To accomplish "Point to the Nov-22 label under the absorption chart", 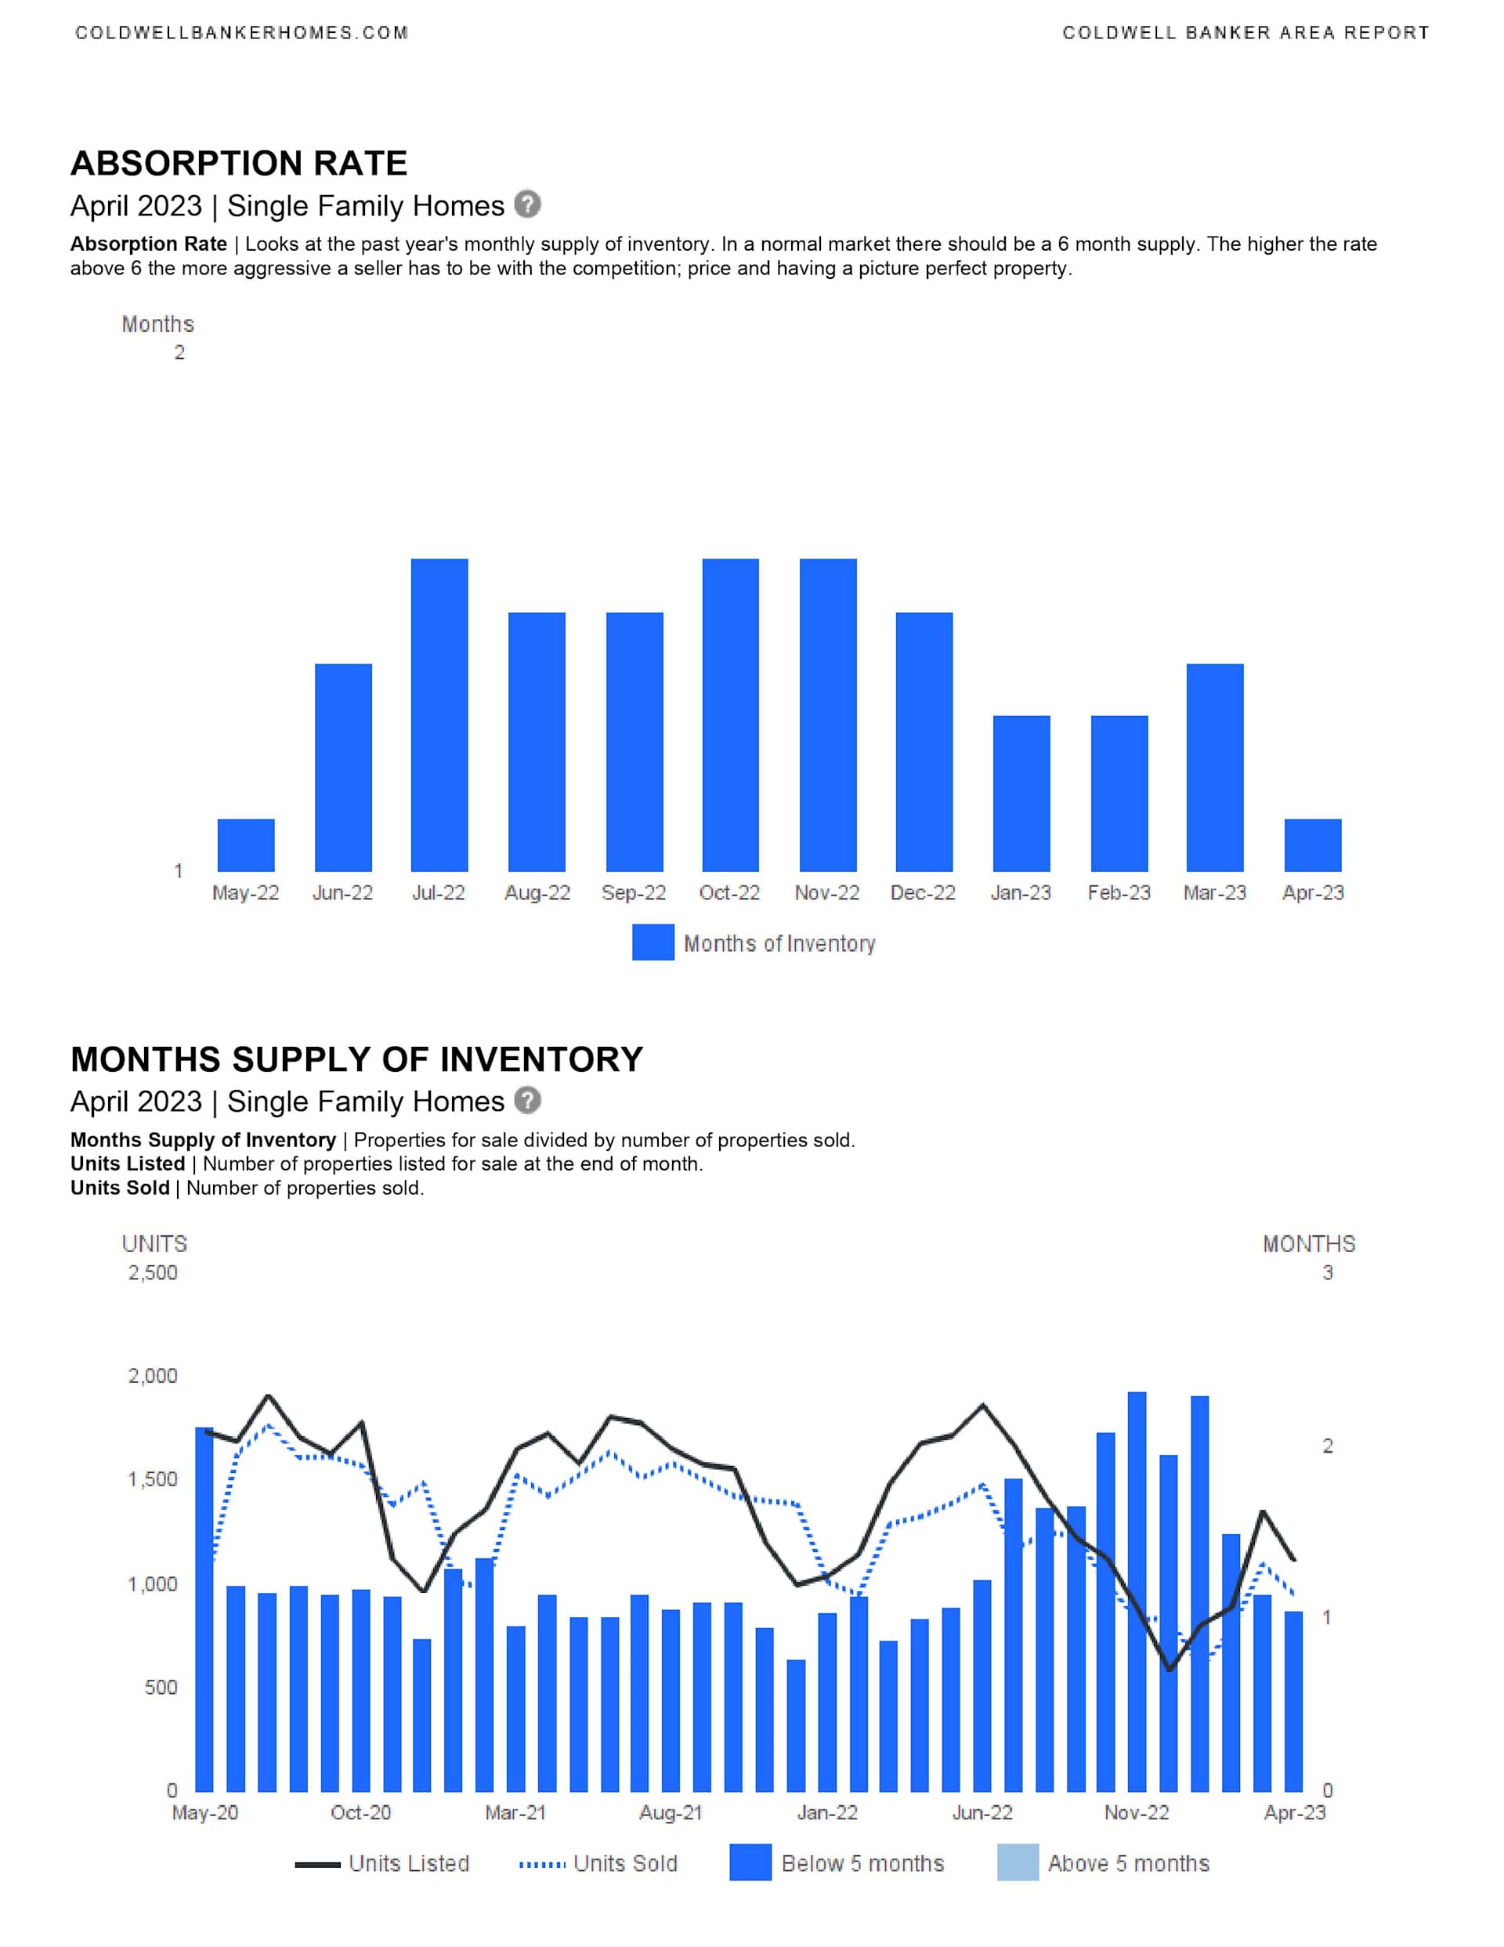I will tap(826, 892).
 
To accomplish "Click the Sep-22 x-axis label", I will tap(633, 892).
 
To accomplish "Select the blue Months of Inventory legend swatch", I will tap(653, 943).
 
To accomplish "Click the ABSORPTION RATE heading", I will tap(239, 163).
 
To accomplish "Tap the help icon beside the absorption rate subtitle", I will tap(528, 204).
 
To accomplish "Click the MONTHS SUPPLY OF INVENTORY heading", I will tap(356, 1059).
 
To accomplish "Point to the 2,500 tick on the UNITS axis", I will tap(153, 1272).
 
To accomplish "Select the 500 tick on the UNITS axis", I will tap(161, 1687).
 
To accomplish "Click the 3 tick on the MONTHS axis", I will tap(1328, 1272).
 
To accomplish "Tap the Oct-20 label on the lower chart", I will tap(360, 1812).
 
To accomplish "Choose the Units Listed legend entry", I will tap(382, 1863).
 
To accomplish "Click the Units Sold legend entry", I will tap(599, 1863).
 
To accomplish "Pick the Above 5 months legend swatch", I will tap(1018, 1862).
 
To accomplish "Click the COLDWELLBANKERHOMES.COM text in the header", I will tap(241, 33).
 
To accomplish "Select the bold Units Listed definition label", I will tap(128, 1163).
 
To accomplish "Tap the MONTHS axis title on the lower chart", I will tap(1308, 1243).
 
